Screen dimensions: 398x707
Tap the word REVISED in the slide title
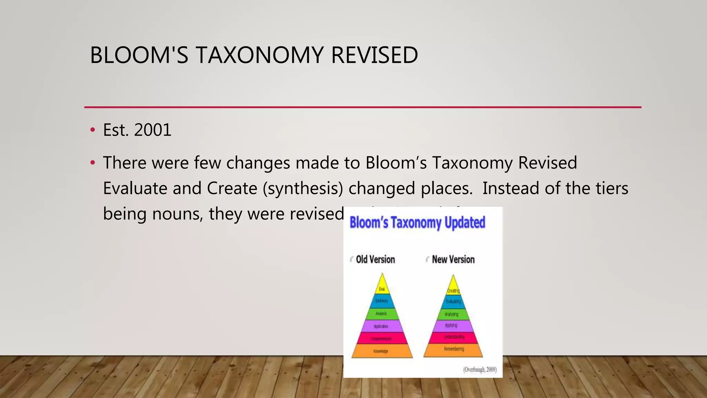click(x=374, y=55)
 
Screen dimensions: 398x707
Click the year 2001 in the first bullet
click(x=153, y=130)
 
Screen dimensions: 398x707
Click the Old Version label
click(x=375, y=259)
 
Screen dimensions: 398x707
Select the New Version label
click(x=453, y=259)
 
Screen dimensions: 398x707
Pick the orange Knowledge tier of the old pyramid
click(x=381, y=351)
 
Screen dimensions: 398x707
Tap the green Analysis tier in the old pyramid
click(x=381, y=314)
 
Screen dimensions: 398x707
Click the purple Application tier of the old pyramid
click(x=381, y=326)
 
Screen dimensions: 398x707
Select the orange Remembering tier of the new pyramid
click(x=453, y=349)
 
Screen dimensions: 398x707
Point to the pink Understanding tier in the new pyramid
click(x=453, y=337)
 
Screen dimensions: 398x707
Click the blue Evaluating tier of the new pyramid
click(x=453, y=302)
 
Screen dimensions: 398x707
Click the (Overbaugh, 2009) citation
click(x=480, y=370)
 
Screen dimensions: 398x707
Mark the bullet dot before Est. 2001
click(x=92, y=130)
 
